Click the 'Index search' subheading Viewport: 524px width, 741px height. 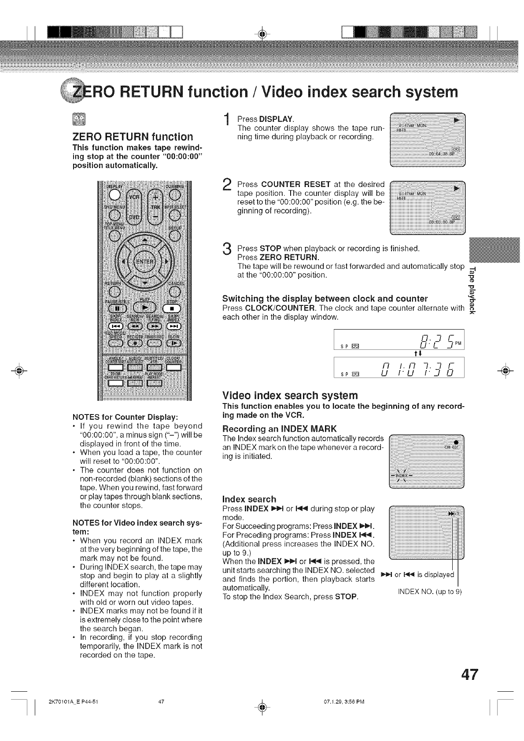pos(249,499)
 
